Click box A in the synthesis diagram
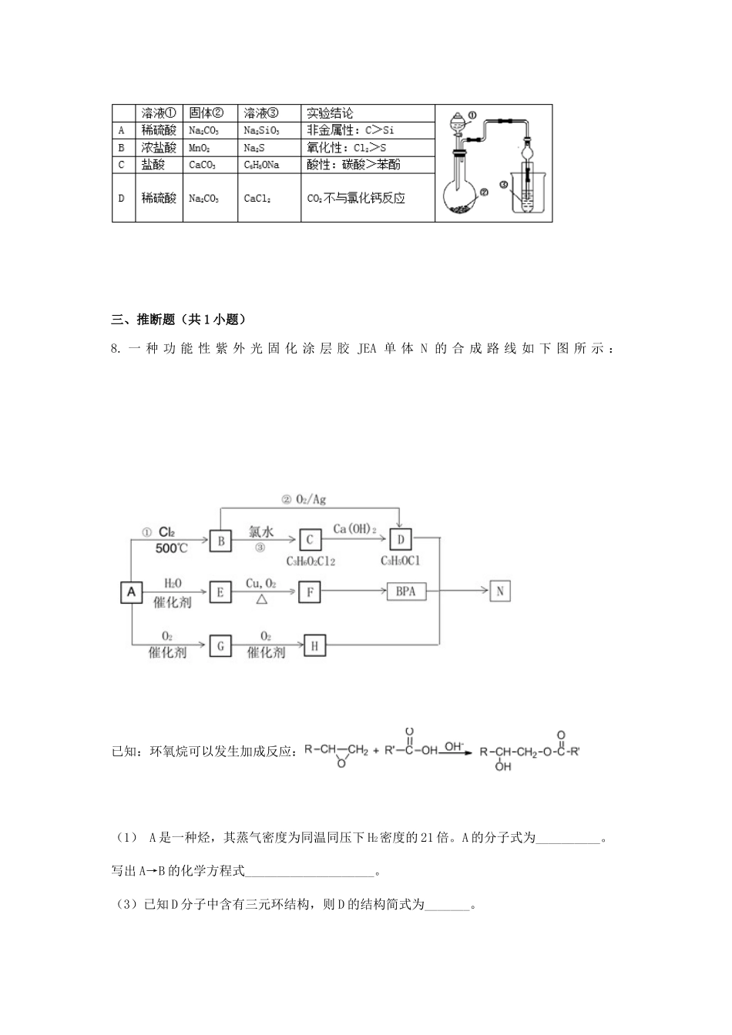click(x=131, y=591)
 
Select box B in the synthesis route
click(x=220, y=541)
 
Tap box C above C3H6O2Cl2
click(x=310, y=541)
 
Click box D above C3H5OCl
click(x=401, y=541)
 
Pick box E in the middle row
click(x=220, y=591)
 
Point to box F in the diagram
click(x=310, y=591)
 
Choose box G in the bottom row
click(x=220, y=645)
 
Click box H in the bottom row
click(x=314, y=645)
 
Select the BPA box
click(x=405, y=591)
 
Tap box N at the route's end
click(x=500, y=591)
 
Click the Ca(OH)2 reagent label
click(x=354, y=528)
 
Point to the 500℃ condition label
click(x=171, y=548)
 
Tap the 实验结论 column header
click(x=331, y=113)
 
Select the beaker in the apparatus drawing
click(x=527, y=193)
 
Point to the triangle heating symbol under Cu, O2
click(x=262, y=598)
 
